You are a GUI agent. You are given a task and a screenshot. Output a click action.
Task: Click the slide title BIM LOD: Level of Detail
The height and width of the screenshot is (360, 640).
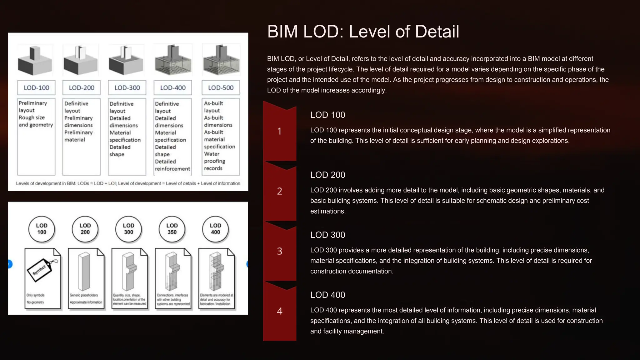(363, 32)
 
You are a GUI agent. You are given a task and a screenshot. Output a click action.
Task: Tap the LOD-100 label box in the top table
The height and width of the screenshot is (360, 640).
(36, 88)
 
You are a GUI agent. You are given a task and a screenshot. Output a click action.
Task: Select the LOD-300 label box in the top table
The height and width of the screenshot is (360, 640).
(127, 88)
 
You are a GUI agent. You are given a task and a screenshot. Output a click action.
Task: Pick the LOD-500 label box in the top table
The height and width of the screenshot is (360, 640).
(221, 88)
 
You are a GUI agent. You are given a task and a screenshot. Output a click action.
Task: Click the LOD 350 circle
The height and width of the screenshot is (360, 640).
(172, 229)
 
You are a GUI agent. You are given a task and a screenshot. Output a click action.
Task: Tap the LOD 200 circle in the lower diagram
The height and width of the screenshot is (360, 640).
(85, 229)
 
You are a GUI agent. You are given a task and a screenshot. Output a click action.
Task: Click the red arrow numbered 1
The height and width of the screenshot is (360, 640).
(280, 131)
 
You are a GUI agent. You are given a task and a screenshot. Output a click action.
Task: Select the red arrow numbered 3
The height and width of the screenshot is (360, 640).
(280, 251)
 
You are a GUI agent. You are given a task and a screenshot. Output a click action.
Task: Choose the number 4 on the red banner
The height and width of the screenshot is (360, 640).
(280, 311)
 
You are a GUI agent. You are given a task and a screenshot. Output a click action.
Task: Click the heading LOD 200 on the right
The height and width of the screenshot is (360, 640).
(327, 175)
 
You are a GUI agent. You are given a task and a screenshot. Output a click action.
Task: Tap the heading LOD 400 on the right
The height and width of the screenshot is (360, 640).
(327, 295)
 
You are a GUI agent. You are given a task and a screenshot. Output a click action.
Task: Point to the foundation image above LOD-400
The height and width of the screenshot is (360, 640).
(173, 60)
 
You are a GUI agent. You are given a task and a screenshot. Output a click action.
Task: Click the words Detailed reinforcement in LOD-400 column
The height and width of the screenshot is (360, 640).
(172, 165)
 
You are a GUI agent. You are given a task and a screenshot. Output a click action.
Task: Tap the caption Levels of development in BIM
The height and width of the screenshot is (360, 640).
(128, 183)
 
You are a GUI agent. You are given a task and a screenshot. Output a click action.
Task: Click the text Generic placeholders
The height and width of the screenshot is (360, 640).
(84, 295)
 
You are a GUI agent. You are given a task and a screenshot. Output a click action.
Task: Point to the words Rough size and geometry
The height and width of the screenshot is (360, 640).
(36, 121)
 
